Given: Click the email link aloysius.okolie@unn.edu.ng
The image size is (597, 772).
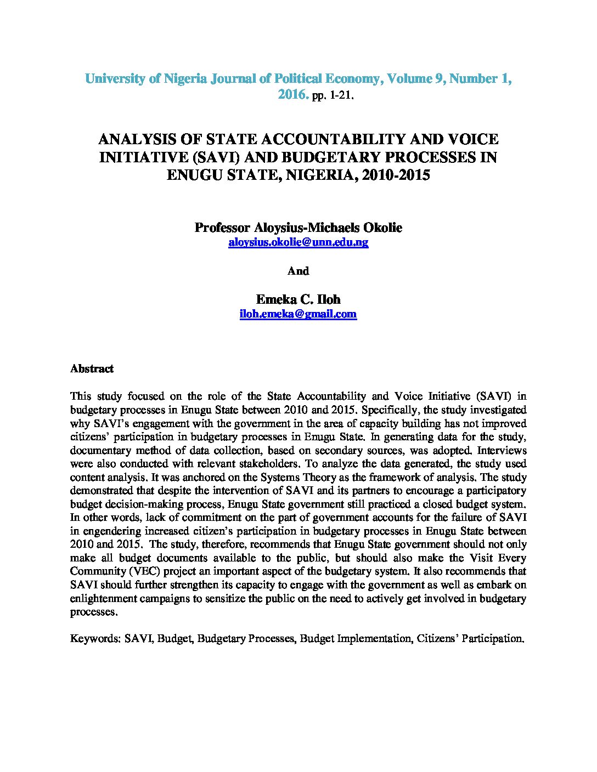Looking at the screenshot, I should click(298, 242).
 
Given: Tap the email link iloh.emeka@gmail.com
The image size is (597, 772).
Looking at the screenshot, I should click(298, 314).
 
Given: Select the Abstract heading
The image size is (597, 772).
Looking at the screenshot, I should click(92, 369).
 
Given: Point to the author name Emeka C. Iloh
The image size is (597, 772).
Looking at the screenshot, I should click(298, 299).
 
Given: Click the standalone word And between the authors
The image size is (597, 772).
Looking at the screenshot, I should click(298, 271).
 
